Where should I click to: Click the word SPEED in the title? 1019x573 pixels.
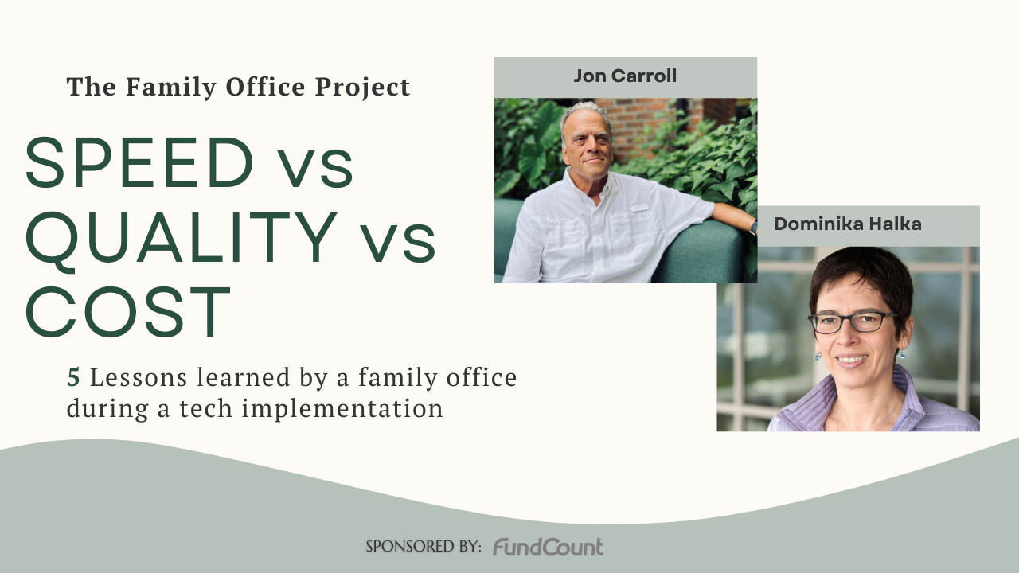click(139, 163)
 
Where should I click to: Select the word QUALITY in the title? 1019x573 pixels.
click(182, 236)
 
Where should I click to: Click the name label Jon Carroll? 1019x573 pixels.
click(625, 76)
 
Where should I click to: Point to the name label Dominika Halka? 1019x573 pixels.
click(848, 224)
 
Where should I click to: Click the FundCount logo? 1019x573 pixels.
click(548, 547)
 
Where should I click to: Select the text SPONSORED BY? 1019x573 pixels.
click(424, 547)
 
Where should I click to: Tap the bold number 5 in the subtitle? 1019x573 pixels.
click(73, 377)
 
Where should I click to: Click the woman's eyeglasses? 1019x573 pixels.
click(852, 322)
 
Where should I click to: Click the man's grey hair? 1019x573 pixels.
click(585, 111)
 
